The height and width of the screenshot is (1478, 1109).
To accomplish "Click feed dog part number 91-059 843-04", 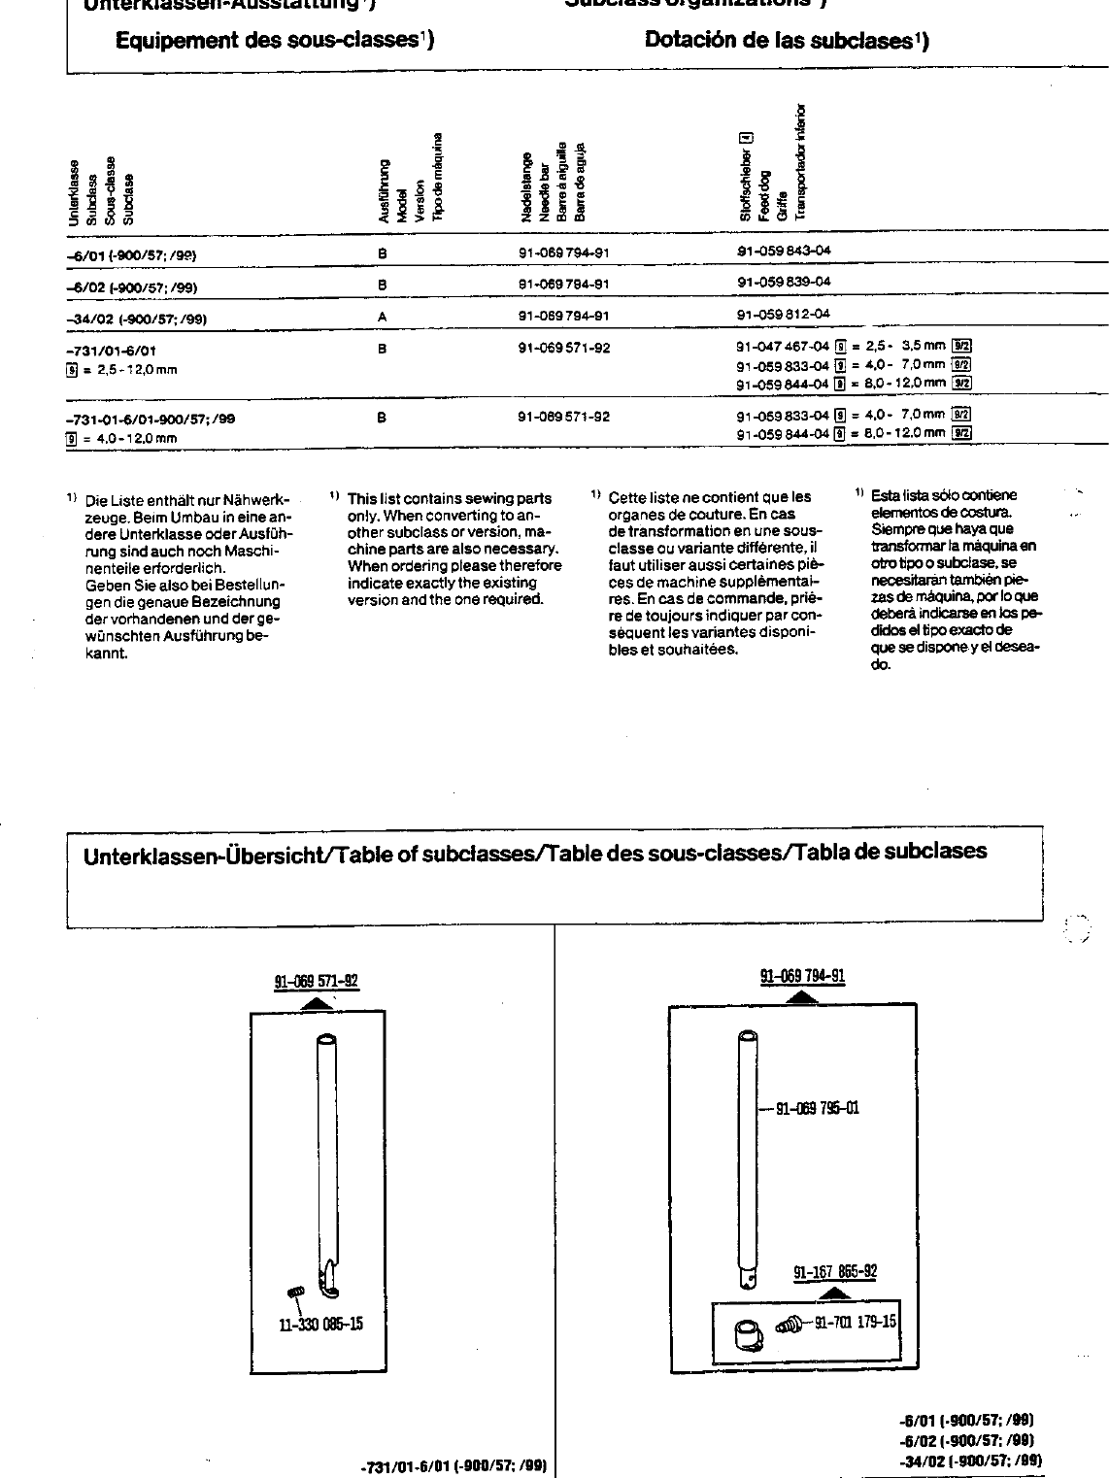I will [x=785, y=251].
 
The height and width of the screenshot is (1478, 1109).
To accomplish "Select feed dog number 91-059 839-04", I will [x=785, y=282].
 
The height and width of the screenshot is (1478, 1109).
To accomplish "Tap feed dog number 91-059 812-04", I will [x=785, y=314].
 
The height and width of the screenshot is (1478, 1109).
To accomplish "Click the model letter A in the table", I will [x=383, y=318].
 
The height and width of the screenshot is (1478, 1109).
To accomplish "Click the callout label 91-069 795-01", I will [x=816, y=1109].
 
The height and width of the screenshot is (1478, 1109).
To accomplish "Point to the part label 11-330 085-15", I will [x=320, y=1324].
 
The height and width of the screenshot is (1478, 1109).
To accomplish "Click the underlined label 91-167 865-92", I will [x=835, y=1272].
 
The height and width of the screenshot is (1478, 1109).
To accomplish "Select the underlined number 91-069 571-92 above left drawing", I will [x=317, y=982].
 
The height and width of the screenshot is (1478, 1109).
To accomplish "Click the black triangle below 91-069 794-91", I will [x=802, y=997].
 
